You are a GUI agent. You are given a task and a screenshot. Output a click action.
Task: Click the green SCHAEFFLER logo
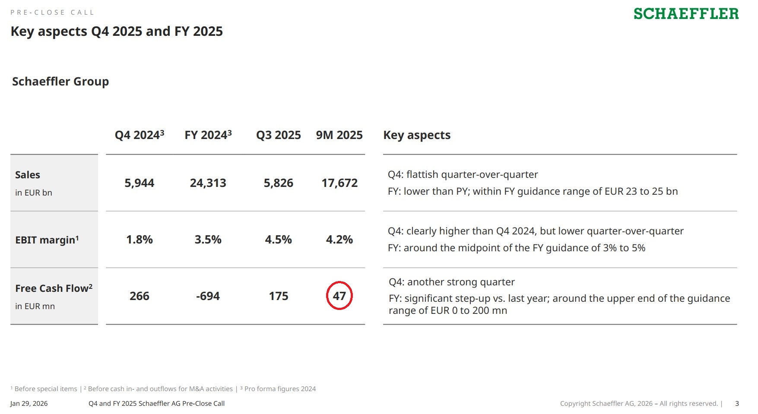click(686, 14)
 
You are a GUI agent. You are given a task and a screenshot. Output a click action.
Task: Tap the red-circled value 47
click(339, 296)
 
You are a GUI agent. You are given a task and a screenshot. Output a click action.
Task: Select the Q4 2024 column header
click(139, 135)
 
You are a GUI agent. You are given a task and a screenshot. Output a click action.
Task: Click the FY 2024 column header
click(208, 135)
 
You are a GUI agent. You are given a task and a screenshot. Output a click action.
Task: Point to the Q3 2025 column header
click(279, 135)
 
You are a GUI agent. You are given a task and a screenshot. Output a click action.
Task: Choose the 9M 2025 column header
click(339, 135)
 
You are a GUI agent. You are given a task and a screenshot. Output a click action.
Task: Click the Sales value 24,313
click(208, 183)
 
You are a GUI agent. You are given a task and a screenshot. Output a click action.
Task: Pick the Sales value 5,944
click(139, 183)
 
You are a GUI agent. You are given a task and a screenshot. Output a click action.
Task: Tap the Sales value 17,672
click(339, 183)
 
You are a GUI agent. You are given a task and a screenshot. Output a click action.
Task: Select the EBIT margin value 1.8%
click(139, 240)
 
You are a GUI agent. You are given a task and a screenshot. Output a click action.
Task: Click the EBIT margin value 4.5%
click(279, 240)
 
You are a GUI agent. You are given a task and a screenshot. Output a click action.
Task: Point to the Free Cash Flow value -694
click(208, 296)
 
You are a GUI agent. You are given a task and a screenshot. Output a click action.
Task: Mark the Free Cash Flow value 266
click(139, 296)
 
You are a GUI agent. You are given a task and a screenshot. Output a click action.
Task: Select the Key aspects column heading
click(417, 135)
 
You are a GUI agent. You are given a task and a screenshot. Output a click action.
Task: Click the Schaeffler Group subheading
click(60, 82)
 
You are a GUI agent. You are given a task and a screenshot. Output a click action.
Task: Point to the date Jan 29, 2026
click(29, 404)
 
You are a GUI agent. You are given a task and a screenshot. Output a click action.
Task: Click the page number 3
click(737, 404)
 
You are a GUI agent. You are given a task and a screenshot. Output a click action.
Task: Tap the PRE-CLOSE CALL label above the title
click(52, 13)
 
